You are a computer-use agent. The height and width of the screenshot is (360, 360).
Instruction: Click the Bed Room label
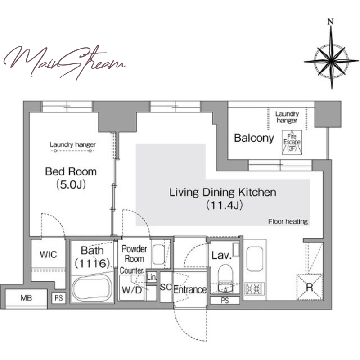pyautogui.click(x=71, y=172)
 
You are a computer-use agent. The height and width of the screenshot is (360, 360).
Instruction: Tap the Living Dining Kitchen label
pyautogui.click(x=223, y=193)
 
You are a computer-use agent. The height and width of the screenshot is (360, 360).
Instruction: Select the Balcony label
pyautogui.click(x=254, y=138)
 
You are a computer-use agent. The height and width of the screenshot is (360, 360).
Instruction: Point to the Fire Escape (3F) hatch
pyautogui.click(x=292, y=142)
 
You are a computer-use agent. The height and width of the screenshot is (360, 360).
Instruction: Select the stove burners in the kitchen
pyautogui.click(x=255, y=288)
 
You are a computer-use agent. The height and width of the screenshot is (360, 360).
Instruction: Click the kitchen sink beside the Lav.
pyautogui.click(x=255, y=259)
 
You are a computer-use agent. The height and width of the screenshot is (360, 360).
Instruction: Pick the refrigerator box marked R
pyautogui.click(x=310, y=287)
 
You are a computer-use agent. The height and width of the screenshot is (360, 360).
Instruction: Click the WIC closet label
pyautogui.click(x=48, y=254)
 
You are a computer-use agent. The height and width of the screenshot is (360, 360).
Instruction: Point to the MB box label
pyautogui.click(x=26, y=298)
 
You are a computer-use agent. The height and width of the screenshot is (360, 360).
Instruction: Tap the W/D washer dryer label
pyautogui.click(x=131, y=290)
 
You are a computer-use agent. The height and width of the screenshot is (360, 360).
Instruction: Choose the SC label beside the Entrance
pyautogui.click(x=166, y=287)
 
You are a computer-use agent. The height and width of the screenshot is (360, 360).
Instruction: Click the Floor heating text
pyautogui.click(x=288, y=221)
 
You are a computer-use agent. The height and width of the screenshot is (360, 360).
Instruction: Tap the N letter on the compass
pyautogui.click(x=331, y=22)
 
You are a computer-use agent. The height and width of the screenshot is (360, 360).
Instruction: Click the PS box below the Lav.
pyautogui.click(x=225, y=300)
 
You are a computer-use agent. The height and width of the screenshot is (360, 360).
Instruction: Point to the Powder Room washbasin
pyautogui.click(x=158, y=254)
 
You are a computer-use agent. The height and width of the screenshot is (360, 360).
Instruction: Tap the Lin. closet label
pyautogui.click(x=152, y=277)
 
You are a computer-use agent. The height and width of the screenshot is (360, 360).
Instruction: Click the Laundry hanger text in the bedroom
pyautogui.click(x=73, y=144)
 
